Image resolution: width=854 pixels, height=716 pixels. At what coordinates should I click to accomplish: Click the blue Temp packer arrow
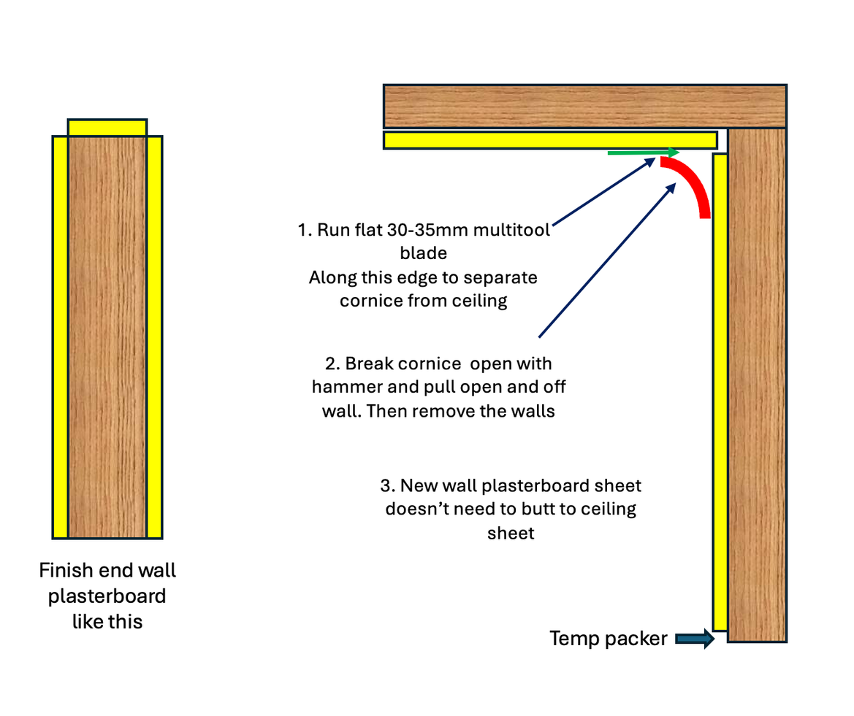pos(694,639)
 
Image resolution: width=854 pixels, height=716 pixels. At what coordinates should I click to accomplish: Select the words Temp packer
pos(608,639)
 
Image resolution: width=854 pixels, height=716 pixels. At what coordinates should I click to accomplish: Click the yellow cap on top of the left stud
pos(107,128)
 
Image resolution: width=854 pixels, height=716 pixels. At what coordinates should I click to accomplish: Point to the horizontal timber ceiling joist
pos(584,107)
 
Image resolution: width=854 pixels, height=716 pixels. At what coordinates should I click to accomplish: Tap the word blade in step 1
pos(423,253)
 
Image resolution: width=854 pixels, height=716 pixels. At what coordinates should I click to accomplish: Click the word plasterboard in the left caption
pos(107,596)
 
